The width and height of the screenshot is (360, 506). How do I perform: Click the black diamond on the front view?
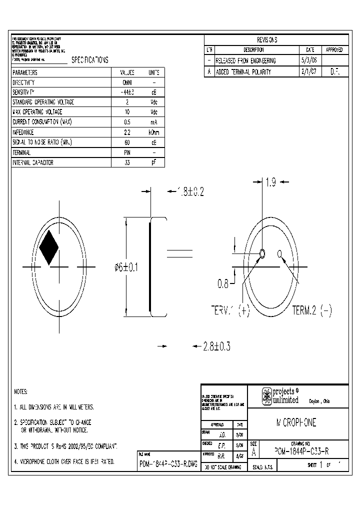(x=49, y=247)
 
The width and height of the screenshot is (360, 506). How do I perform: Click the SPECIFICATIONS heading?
(x=90, y=60)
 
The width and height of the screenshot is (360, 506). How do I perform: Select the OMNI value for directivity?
(x=127, y=82)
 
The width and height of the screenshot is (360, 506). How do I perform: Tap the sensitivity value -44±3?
(x=127, y=92)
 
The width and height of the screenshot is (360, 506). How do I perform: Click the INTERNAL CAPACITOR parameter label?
(x=33, y=162)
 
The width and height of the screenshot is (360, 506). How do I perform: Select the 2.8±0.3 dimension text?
(x=216, y=346)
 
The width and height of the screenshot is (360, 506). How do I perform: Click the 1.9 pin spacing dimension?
(x=270, y=183)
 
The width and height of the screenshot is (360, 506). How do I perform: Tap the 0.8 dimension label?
(x=223, y=284)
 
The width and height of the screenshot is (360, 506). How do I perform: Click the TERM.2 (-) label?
(x=311, y=310)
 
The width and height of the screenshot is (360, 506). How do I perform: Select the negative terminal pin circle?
(x=279, y=252)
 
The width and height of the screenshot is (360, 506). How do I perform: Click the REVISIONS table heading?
(x=267, y=40)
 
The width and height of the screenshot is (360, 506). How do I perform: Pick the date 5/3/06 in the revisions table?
(x=306, y=60)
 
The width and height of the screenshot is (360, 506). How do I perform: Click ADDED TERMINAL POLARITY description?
(x=243, y=71)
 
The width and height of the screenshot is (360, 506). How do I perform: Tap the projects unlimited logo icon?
(x=267, y=396)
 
